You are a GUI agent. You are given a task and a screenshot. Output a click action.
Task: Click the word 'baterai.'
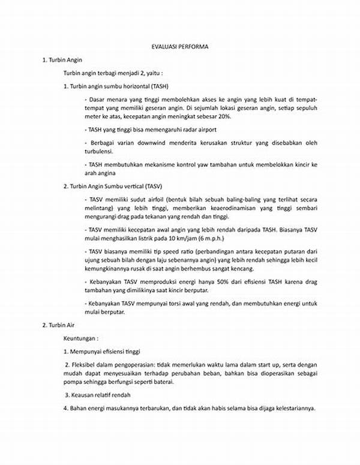click(x=161, y=382)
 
